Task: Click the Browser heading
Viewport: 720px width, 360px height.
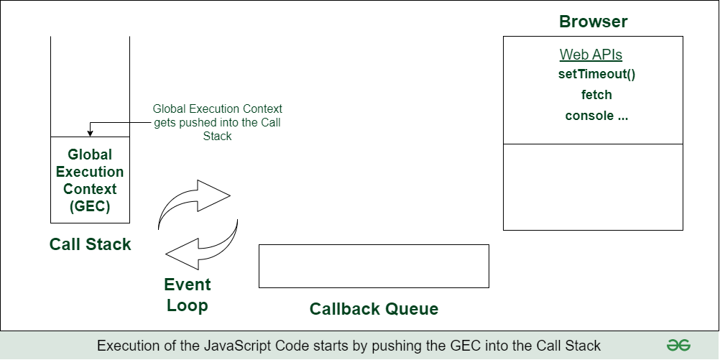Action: click(x=593, y=22)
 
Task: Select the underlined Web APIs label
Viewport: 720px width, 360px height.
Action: click(x=591, y=55)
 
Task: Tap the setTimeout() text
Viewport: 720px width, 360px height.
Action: click(x=596, y=74)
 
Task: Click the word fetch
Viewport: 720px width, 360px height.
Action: click(x=596, y=95)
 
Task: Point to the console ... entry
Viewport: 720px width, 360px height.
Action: click(x=596, y=116)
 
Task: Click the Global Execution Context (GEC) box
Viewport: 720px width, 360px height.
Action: click(x=90, y=180)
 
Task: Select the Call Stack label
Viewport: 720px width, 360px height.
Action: click(x=91, y=244)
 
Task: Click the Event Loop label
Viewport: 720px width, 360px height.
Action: click(x=187, y=294)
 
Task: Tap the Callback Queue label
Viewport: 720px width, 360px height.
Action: click(x=374, y=309)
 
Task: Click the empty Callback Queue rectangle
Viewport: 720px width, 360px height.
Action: click(x=374, y=266)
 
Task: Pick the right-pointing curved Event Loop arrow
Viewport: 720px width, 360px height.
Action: click(x=194, y=204)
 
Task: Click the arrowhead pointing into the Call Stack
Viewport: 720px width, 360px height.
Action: click(x=90, y=133)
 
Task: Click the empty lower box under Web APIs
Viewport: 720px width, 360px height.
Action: click(x=593, y=187)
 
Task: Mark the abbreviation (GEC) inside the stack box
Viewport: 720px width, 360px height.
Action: click(x=90, y=207)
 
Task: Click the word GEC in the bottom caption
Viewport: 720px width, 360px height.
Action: click(x=456, y=346)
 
